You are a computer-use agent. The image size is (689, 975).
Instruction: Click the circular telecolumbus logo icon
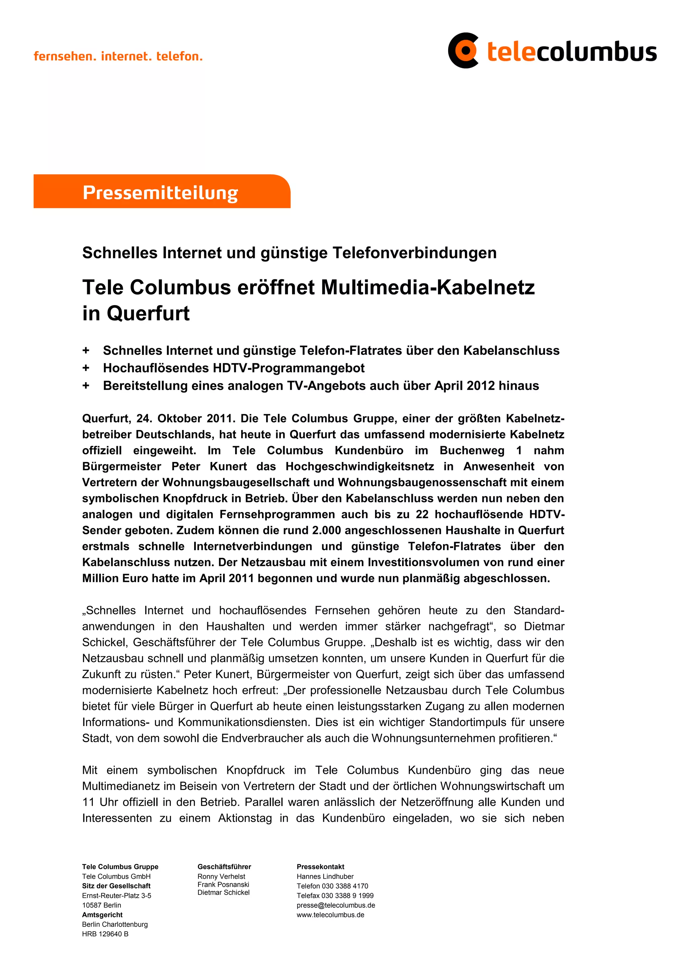click(x=463, y=50)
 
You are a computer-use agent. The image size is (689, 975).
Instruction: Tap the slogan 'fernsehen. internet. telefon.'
click(x=118, y=56)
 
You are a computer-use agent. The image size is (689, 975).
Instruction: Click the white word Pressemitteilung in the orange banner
click(x=160, y=192)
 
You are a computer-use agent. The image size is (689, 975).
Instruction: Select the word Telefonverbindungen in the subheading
click(x=414, y=253)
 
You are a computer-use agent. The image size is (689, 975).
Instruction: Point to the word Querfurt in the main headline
click(x=148, y=314)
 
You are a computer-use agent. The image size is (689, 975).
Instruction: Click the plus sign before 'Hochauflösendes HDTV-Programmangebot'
click(x=86, y=368)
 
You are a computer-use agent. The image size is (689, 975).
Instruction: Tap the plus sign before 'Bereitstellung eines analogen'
click(x=86, y=386)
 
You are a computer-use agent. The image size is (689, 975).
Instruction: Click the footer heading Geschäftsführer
click(x=224, y=867)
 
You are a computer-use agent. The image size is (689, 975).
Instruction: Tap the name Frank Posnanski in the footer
click(x=223, y=884)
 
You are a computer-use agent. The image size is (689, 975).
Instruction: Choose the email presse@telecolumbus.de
click(x=336, y=905)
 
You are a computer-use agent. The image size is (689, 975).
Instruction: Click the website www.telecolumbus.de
click(x=330, y=915)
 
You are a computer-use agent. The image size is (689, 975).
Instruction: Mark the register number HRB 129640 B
click(x=105, y=934)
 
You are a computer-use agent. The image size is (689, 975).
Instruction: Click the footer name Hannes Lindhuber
click(x=325, y=876)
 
